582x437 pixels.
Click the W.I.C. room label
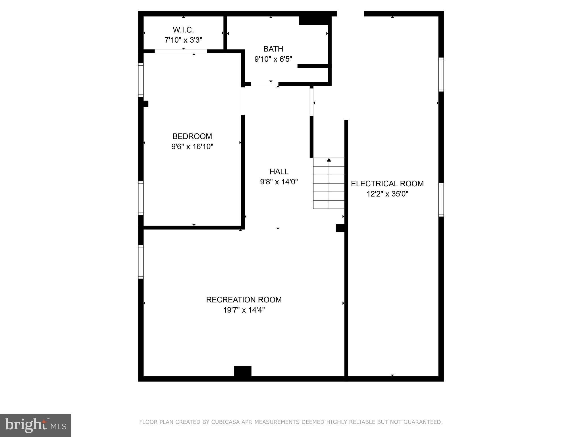tap(183, 30)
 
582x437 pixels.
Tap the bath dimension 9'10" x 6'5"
tap(273, 59)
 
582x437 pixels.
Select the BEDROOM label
tap(192, 136)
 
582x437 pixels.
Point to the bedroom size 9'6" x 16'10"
tap(192, 147)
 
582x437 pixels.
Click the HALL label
tap(279, 172)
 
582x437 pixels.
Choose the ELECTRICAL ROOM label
tap(387, 184)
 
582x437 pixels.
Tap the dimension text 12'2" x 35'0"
tap(387, 194)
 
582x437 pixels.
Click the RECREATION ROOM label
tap(244, 300)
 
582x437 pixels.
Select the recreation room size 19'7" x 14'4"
tap(244, 310)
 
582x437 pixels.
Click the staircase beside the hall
tap(329, 184)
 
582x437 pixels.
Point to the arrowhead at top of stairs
tap(329, 160)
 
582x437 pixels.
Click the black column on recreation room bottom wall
tap(243, 371)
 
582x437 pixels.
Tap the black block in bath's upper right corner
tap(315, 20)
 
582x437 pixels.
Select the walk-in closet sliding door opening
tap(181, 51)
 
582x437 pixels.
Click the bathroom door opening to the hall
tap(264, 84)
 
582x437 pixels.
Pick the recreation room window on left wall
tap(141, 262)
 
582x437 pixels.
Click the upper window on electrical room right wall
tap(441, 75)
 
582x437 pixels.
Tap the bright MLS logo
tap(36, 425)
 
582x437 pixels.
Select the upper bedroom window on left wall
tap(141, 80)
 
